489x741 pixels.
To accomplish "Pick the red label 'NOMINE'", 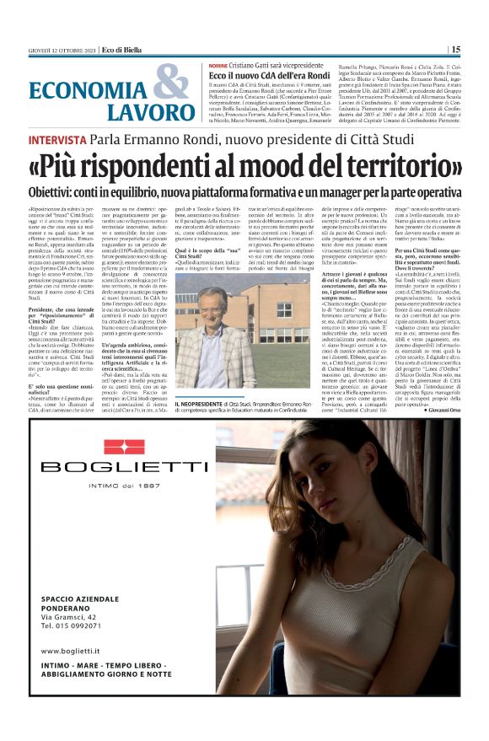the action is [218, 66].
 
